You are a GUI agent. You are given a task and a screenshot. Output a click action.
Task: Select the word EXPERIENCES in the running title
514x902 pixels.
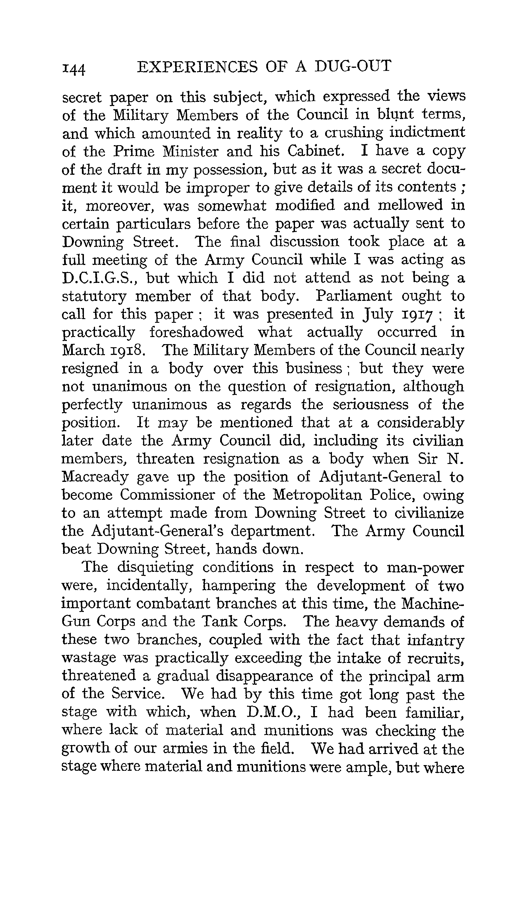(x=197, y=66)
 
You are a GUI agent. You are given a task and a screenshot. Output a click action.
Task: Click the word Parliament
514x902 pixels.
(x=353, y=296)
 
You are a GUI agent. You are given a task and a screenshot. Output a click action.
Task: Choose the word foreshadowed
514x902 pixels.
(x=196, y=332)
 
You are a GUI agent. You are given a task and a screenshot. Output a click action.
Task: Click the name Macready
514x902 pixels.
(x=95, y=477)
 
